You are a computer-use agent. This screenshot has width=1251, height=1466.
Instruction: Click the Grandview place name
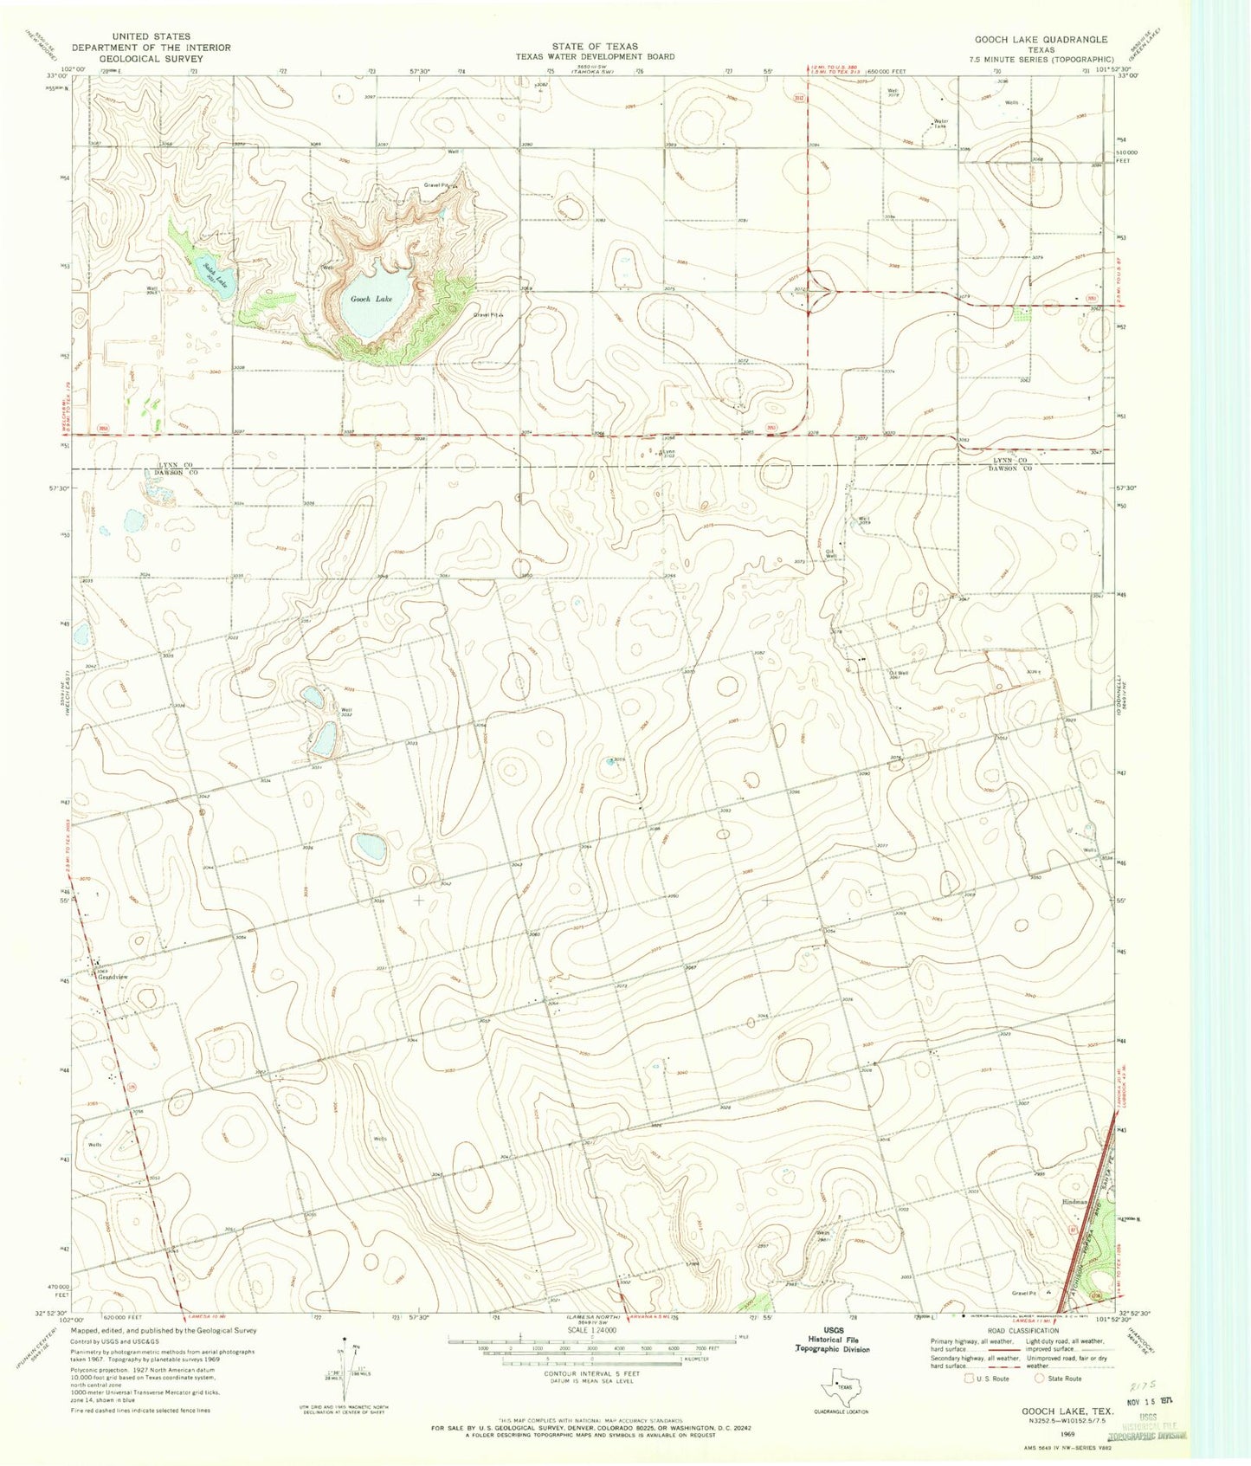(x=112, y=977)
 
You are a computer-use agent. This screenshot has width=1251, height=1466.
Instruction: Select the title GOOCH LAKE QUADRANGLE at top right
(x=1041, y=40)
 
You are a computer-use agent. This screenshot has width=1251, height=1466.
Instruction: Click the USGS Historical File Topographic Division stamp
(x=833, y=1341)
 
